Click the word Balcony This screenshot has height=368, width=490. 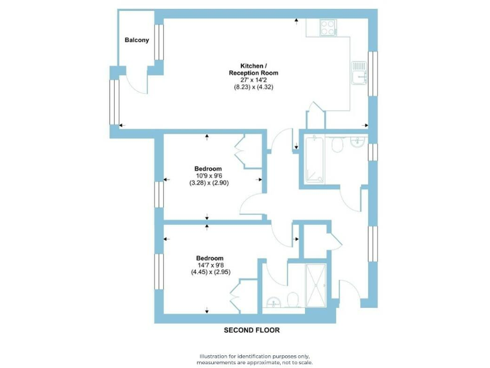coord(137,40)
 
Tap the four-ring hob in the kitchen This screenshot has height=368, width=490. coord(328,27)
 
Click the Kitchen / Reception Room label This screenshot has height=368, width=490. coord(253,70)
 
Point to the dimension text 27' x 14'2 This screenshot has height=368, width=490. coord(253,80)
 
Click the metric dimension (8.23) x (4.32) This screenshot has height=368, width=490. coord(253,88)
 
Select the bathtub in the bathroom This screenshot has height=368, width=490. coord(315,160)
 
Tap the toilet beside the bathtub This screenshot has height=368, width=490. coord(338,146)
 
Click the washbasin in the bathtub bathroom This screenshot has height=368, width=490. coord(359,142)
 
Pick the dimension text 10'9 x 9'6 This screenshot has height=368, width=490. coord(209,176)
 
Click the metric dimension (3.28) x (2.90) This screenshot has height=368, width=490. coord(209,183)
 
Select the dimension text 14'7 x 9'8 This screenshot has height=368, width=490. coord(210,264)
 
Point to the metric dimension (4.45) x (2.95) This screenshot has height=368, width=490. coord(210,272)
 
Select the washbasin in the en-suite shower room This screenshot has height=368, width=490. coord(274,302)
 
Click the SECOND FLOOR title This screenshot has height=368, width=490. coord(251,330)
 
